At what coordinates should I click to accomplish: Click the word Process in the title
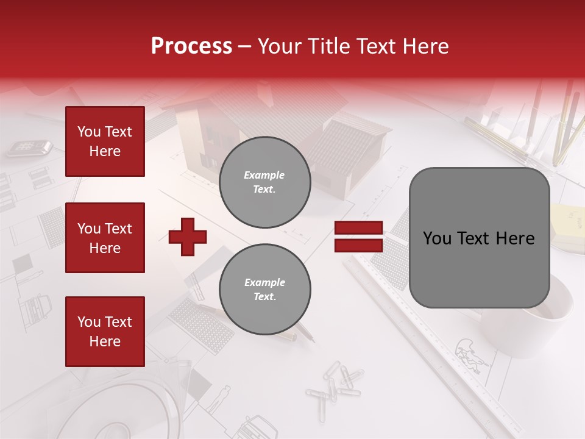(x=191, y=46)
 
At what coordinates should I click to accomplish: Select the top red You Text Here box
(x=105, y=141)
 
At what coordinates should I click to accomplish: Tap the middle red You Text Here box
(x=105, y=238)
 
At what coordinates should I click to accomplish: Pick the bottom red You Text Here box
(x=105, y=332)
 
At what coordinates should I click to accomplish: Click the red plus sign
(x=188, y=237)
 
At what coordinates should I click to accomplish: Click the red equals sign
(x=358, y=237)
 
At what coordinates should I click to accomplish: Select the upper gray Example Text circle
(x=265, y=182)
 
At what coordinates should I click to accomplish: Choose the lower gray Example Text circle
(x=265, y=290)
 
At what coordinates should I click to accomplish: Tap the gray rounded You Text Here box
(x=479, y=238)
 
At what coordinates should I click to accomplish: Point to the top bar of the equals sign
(x=358, y=228)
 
